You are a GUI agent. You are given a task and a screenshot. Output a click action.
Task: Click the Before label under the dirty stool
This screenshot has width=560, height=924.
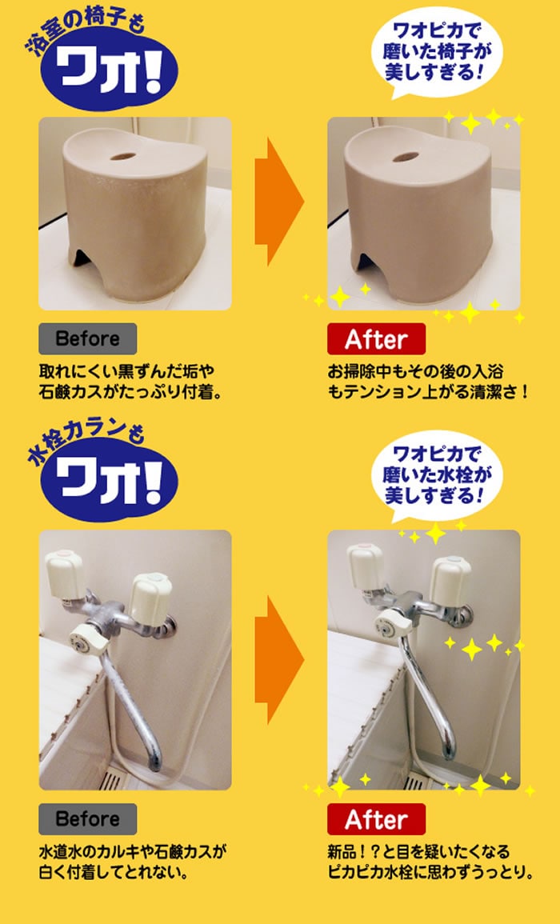88,339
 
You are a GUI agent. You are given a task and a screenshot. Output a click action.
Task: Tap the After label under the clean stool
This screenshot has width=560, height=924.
376,339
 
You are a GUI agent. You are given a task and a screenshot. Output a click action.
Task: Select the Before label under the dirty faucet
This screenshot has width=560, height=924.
88,819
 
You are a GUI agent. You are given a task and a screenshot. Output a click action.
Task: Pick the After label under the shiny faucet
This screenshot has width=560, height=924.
376,819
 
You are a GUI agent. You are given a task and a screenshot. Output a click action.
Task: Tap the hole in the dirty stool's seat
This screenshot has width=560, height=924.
123,157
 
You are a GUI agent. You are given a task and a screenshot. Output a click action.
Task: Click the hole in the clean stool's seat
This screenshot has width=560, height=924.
406,157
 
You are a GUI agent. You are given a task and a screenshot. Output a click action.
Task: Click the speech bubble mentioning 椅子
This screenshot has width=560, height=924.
436,52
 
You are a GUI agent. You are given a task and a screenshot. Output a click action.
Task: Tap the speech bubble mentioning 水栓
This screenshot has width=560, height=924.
436,475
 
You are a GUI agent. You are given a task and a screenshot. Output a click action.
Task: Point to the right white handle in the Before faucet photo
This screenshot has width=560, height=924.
151,598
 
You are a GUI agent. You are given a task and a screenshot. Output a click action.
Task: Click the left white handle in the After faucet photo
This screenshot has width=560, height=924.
366,565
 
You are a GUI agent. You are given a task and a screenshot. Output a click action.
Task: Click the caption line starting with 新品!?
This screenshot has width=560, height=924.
418,851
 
